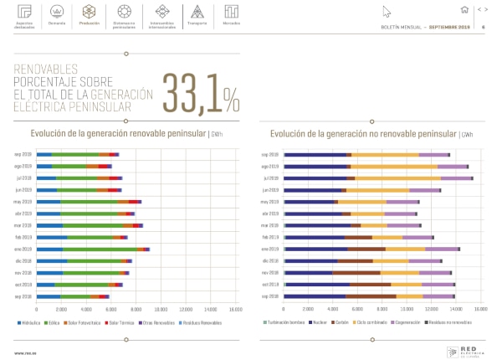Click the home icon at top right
tap(464, 10)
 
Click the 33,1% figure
tap(201, 92)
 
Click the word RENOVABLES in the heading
tap(47, 69)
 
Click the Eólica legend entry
tap(54, 322)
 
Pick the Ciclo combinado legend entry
tap(379, 322)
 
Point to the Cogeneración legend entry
tap(420, 322)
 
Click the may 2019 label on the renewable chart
tap(23, 202)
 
